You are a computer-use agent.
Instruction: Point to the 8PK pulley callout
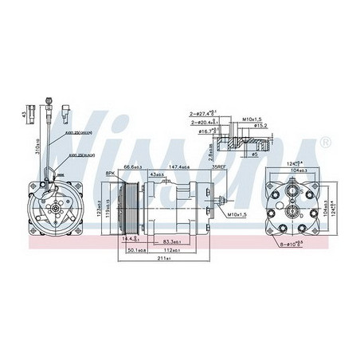pos(112,171)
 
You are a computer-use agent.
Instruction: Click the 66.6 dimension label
pos(132,168)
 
